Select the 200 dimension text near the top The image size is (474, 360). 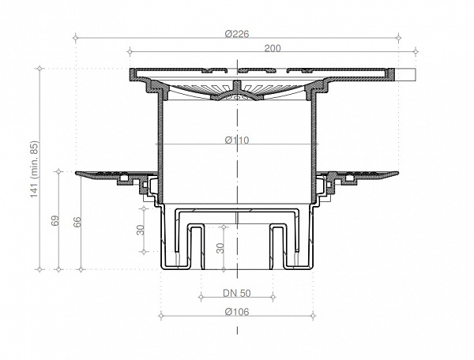point(273,48)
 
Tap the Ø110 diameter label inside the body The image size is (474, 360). point(238,141)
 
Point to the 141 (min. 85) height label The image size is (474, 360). point(34,170)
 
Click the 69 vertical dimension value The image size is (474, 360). point(55,222)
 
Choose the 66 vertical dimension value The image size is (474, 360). point(77,222)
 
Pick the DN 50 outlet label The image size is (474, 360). point(238,294)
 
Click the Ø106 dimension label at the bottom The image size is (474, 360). point(238,312)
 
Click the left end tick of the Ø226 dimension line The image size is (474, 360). point(74,37)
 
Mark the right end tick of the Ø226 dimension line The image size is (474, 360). point(401,37)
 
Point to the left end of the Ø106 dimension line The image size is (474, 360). point(161,317)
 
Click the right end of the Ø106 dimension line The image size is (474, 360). point(314,317)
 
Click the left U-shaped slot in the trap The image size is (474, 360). point(196,241)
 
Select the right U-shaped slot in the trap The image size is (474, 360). point(279,241)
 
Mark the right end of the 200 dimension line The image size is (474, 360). point(416,53)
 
